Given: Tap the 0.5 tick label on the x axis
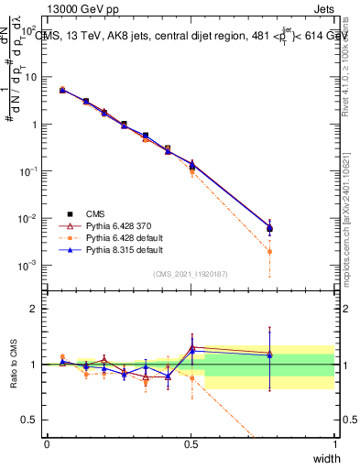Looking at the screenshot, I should tap(191, 443).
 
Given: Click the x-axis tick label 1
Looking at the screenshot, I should tap(334, 443).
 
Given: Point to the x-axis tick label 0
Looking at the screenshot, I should tap(47, 443).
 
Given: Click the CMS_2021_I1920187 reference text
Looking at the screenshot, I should tap(191, 273).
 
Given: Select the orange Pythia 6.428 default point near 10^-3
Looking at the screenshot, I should tap(269, 251).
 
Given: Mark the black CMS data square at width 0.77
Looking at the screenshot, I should tap(269, 228).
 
